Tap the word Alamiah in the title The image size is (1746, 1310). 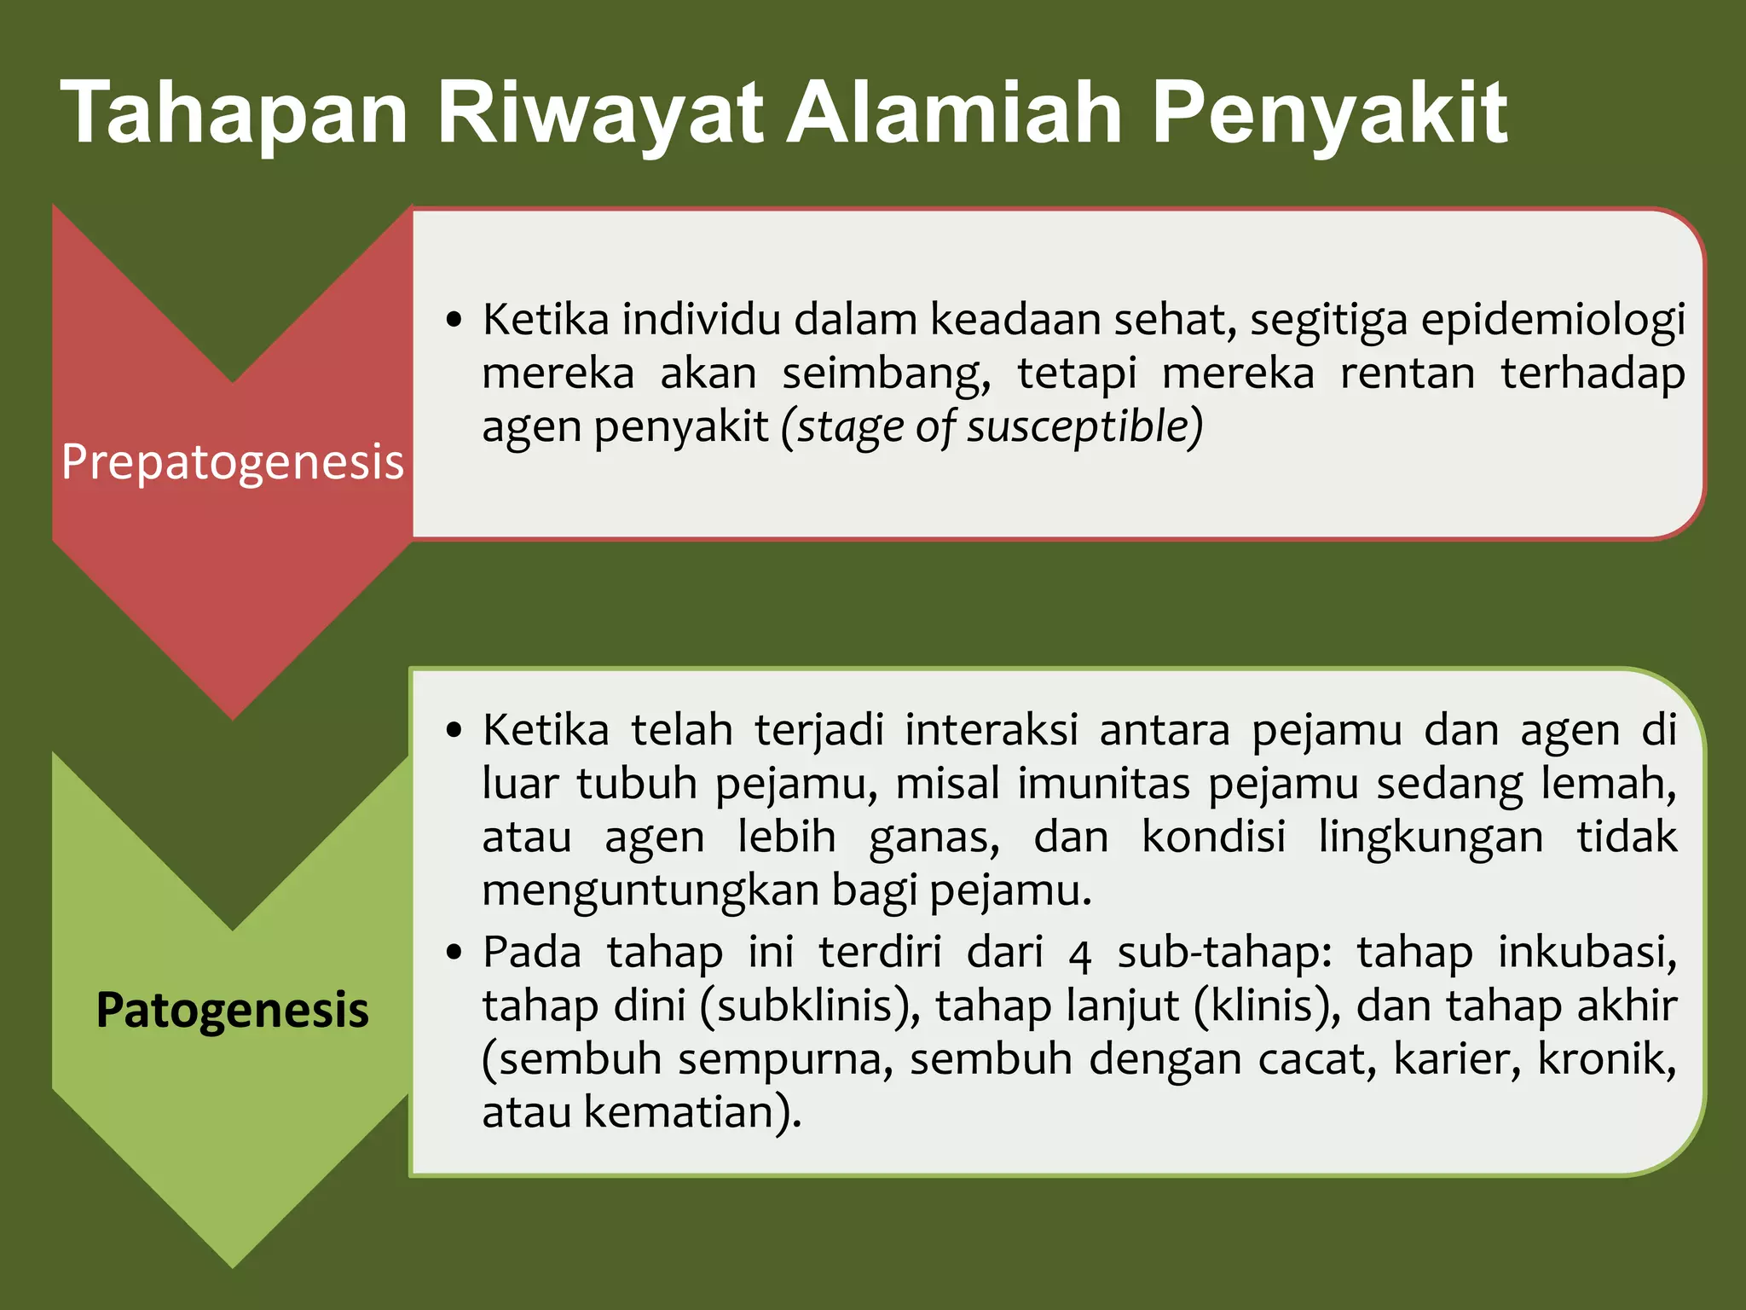tap(953, 113)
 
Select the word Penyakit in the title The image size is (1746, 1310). tap(1329, 113)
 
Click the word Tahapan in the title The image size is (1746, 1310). tap(234, 113)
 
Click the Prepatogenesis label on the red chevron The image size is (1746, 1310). tap(232, 462)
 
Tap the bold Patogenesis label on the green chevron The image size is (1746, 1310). tap(232, 1010)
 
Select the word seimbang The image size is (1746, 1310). tap(887, 374)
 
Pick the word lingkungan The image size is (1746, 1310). tap(1431, 837)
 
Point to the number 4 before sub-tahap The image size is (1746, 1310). tap(1079, 954)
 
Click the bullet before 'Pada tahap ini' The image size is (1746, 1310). tap(454, 952)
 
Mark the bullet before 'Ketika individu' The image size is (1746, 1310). tap(454, 321)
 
